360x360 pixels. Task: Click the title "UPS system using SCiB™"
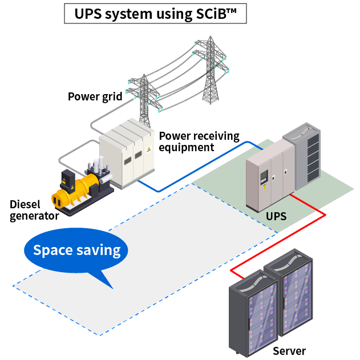(x=155, y=13)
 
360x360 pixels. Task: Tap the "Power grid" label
(x=95, y=96)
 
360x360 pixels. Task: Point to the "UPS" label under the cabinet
(x=276, y=217)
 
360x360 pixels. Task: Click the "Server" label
(x=289, y=351)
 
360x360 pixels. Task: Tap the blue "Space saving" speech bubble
(x=76, y=251)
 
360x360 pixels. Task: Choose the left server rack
(x=249, y=311)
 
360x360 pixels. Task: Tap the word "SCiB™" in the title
(x=218, y=13)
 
